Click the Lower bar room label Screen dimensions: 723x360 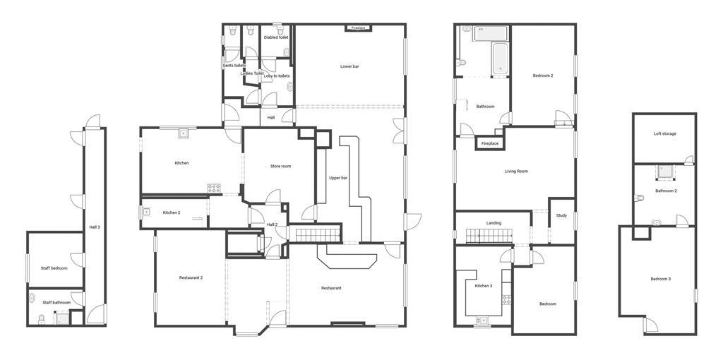349,66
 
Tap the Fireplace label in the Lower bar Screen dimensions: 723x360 358,28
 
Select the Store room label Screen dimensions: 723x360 280,166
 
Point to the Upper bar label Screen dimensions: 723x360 338,178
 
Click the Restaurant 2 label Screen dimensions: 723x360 191,277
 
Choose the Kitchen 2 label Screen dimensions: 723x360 172,212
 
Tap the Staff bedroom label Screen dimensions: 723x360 54,268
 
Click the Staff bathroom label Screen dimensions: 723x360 56,302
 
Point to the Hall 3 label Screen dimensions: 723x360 95,227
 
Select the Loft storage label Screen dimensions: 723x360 665,133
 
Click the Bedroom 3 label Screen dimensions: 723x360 661,279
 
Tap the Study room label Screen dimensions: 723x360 561,215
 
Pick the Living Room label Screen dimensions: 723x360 516,171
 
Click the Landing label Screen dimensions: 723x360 494,223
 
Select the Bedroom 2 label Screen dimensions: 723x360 543,76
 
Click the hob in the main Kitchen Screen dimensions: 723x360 214,188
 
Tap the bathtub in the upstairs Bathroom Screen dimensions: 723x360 500,59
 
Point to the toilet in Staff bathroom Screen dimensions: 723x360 42,320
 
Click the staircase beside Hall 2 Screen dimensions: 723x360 318,235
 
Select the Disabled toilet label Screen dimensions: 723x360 276,37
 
